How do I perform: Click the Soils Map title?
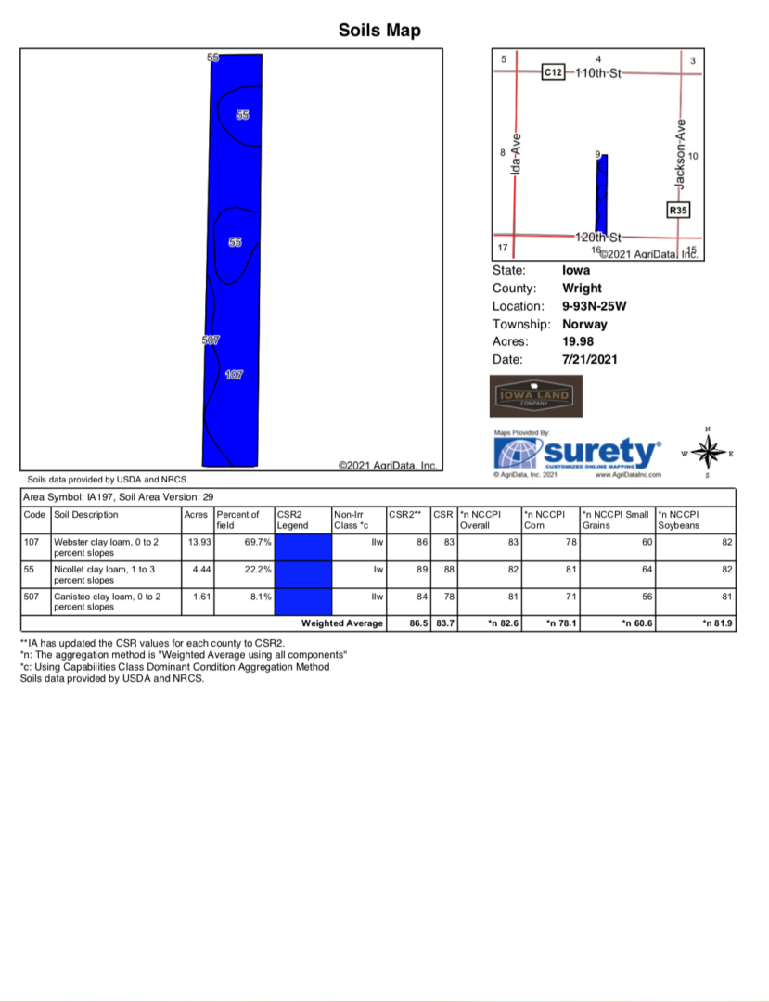[379, 31]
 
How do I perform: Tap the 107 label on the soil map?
[235, 375]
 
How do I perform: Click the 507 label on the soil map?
[211, 340]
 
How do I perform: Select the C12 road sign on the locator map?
[553, 71]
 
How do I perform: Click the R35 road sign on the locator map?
[678, 211]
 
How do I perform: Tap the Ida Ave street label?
[517, 152]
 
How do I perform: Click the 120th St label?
[597, 238]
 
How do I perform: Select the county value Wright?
[582, 289]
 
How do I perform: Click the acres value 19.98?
[579, 341]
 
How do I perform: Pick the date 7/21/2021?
[589, 359]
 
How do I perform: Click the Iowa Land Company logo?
[535, 397]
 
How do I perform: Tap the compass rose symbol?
[709, 452]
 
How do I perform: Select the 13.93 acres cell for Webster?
[196, 541]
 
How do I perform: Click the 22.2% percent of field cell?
[257, 569]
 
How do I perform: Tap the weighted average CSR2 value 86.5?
[419, 623]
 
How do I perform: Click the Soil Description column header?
[86, 514]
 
